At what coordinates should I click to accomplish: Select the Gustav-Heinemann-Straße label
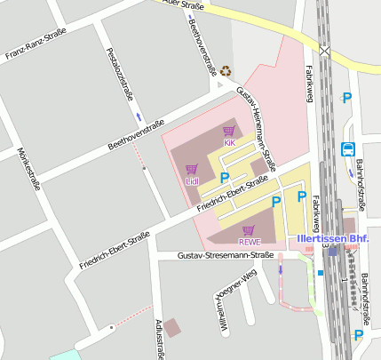coord(257,128)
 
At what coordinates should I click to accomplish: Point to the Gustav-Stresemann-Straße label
coord(225,256)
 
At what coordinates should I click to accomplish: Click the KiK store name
coord(229,142)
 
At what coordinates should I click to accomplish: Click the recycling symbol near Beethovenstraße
coord(226,70)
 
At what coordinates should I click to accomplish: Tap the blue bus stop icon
coord(348,149)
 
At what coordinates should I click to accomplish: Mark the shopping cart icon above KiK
coord(228,132)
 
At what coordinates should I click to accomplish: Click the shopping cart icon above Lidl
coord(191,169)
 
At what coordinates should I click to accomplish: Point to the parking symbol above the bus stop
coord(347,99)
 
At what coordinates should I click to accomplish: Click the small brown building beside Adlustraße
coord(171,328)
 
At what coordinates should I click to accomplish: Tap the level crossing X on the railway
coord(325,51)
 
